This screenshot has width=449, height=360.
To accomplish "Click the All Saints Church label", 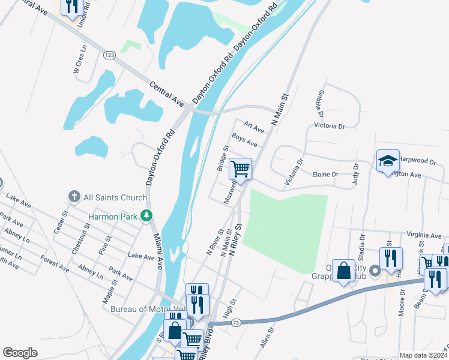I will pos(115,197).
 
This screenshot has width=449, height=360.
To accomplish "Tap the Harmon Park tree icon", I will pos(146,215).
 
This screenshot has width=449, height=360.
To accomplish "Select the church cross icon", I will pos(74,197).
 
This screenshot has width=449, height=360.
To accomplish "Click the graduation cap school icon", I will pos(388,161).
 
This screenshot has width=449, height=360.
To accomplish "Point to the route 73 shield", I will pos(236,323).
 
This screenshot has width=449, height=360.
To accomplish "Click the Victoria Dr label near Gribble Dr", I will pos(330,127).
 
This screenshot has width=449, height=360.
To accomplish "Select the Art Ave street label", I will pos(255,128).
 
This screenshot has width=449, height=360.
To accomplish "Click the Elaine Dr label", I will pos(325,174).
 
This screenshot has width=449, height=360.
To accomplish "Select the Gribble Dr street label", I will pos(319,104).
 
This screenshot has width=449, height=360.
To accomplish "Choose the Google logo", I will pos(20,353).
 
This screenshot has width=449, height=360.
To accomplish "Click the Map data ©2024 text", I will pos(423,355).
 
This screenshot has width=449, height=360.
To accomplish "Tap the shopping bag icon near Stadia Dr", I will pos(345,271).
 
